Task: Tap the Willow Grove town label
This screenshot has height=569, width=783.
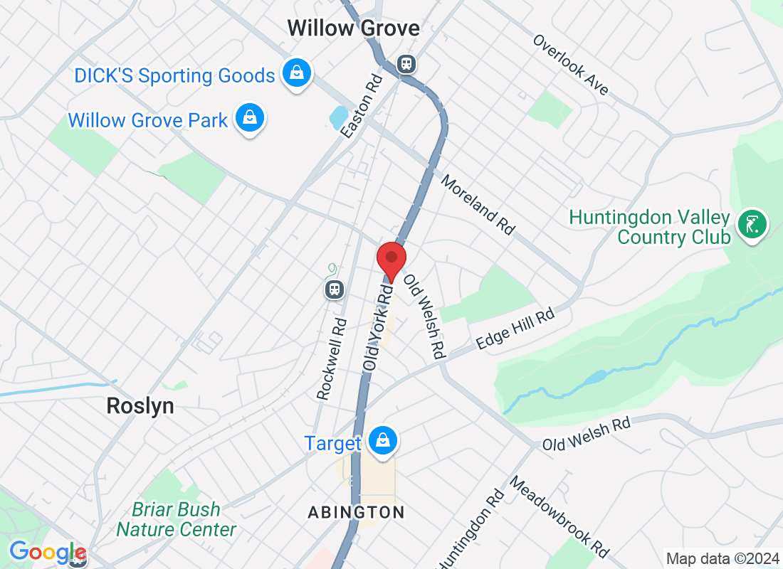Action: point(353,28)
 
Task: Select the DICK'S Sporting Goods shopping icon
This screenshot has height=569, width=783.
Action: point(297,73)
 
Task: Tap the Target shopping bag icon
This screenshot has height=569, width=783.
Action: point(383,442)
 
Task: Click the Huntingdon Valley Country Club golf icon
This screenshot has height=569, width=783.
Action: point(752,224)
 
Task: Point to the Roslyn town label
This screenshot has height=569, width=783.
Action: point(140,406)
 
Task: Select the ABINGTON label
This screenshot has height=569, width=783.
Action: point(356,512)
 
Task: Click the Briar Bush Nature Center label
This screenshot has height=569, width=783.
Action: point(177,519)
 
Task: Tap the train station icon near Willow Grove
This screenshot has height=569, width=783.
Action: point(406,64)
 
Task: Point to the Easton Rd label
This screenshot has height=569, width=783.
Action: point(362,106)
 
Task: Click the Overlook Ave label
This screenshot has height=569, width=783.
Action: point(571,64)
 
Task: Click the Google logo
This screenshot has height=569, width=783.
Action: point(47,552)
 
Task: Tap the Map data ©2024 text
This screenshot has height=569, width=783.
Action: point(722,558)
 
